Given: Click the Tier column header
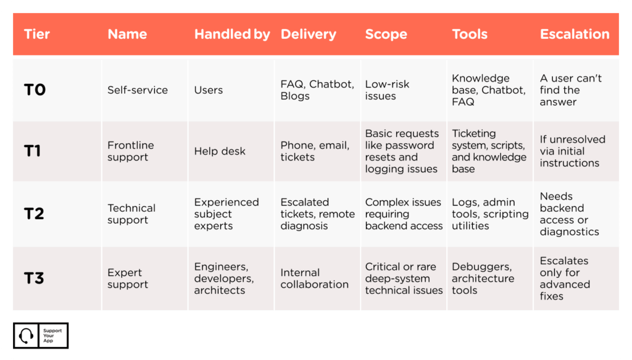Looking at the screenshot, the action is pos(36,34).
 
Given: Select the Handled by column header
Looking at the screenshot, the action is pos(232,34).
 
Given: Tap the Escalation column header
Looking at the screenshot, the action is pos(575,34).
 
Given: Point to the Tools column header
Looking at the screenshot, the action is pos(470,34).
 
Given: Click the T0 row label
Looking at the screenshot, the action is pos(35,90).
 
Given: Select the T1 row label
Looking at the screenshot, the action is pos(32,151).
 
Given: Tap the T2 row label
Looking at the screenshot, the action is pos(34,213).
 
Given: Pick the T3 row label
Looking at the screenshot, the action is pos(34,278).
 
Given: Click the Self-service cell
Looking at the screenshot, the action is pos(138,90).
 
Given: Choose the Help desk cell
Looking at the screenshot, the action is pos(220,151).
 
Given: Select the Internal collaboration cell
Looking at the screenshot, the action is pos(314,278).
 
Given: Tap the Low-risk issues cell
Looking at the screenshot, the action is pos(387,90).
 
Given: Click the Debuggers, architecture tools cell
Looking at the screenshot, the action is pos(483,278).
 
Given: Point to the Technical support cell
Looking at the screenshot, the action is pos(131,214).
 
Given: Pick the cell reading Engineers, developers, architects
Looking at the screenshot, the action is pos(223,278).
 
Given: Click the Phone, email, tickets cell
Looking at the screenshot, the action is pos(315,151).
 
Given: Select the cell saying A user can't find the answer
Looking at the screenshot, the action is pos(571,90).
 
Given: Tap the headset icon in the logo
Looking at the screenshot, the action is pos(26,335).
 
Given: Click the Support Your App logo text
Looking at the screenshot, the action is pos(52,335).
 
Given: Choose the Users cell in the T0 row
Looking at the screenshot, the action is pos(209,90).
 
